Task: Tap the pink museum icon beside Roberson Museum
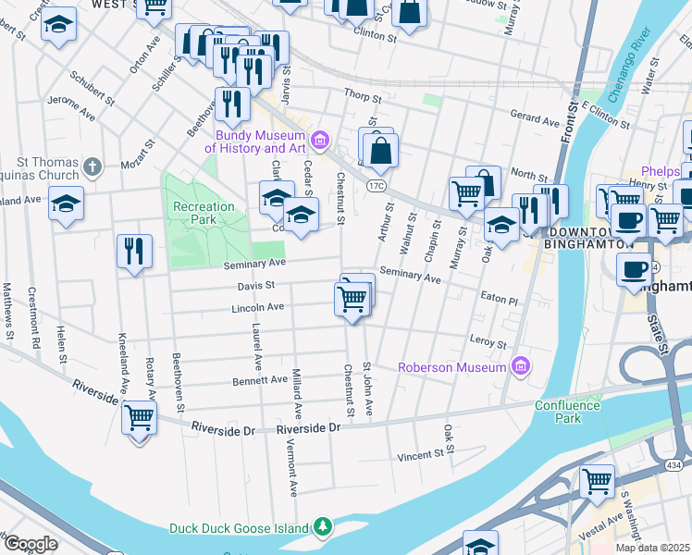pos(520,367)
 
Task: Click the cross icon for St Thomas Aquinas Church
pos(91,166)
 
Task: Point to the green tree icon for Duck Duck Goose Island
pos(322,527)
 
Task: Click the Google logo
pos(31,544)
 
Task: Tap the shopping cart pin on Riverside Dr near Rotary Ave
pos(139,418)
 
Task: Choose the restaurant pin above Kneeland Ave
pos(134,251)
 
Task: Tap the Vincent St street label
pos(421,455)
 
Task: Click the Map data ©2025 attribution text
pos(651,548)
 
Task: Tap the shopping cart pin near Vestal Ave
pos(598,481)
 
